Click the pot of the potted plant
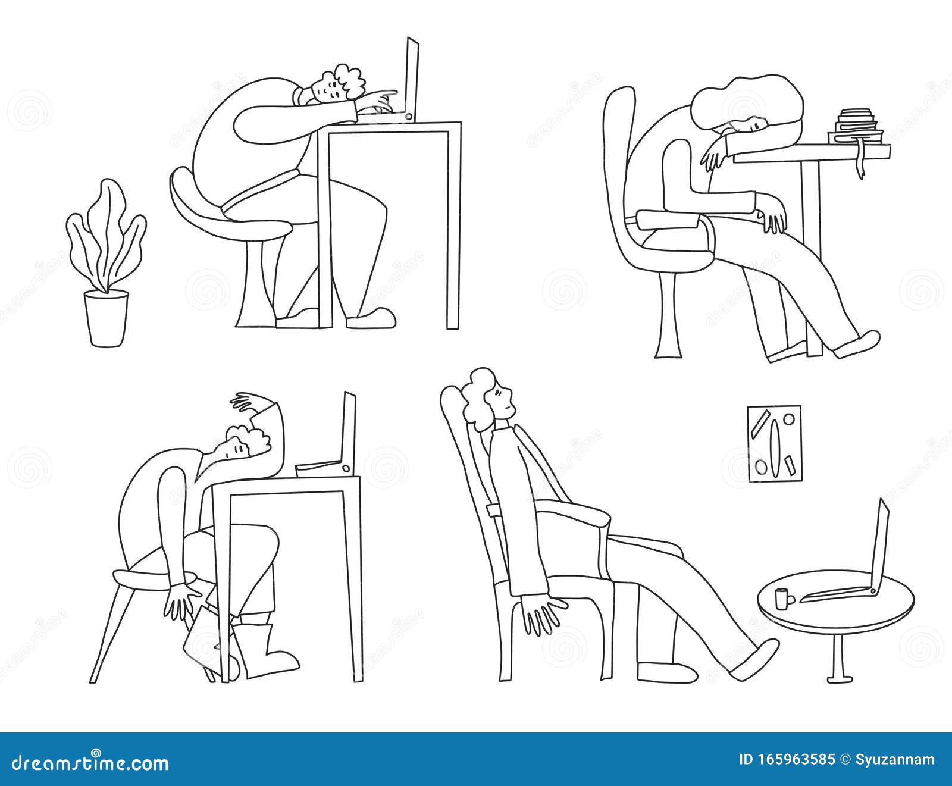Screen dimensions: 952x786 (106, 317)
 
